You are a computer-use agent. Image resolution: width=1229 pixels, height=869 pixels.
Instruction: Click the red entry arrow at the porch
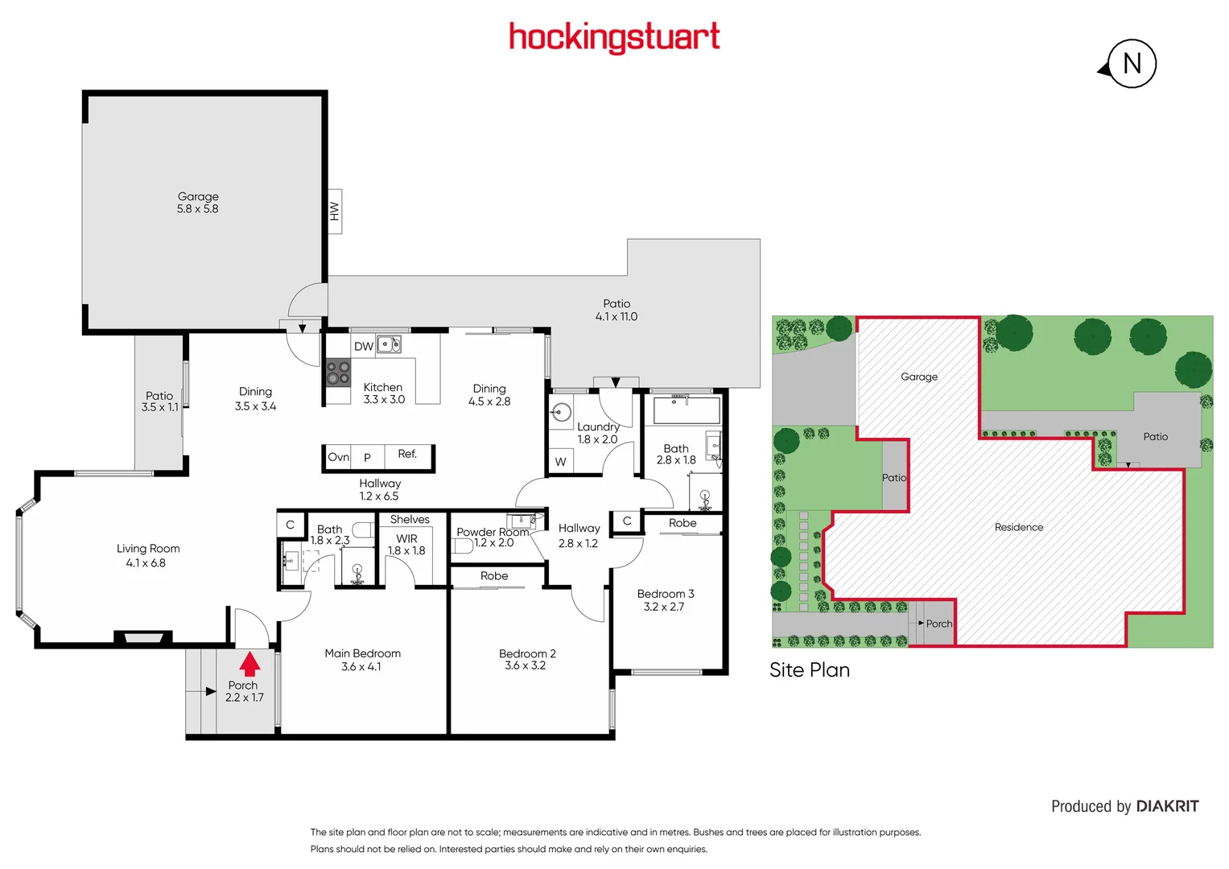pos(250,664)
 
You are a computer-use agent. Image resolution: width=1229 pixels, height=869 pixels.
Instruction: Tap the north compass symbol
pos(1131,64)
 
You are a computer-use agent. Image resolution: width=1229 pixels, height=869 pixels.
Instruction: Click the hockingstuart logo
pos(614,37)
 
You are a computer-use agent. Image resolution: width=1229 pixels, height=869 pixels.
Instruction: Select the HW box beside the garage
pos(334,212)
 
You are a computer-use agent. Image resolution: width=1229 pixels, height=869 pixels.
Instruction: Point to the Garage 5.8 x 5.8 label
pos(198,203)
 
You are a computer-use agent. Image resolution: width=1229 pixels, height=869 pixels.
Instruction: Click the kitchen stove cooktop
pos(338,373)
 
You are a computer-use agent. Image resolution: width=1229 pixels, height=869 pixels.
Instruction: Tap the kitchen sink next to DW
pos(390,345)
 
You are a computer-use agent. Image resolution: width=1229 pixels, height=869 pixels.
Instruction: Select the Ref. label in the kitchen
pos(407,455)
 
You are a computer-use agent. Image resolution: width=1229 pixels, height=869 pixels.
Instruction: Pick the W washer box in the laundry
pos(560,462)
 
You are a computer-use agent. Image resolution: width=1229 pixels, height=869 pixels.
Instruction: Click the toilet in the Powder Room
pos(462,546)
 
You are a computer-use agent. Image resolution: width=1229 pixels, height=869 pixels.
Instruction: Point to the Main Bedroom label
pos(362,653)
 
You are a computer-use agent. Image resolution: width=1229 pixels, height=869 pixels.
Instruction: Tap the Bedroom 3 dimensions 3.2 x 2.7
pos(664,607)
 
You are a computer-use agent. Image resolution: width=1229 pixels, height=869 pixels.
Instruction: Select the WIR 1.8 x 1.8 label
pos(406,545)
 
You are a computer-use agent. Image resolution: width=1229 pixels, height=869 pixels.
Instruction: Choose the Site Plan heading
pos(809,670)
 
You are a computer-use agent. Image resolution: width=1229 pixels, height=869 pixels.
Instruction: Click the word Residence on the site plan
pos(1018,528)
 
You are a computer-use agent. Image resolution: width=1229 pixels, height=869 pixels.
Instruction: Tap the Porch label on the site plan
pos(938,624)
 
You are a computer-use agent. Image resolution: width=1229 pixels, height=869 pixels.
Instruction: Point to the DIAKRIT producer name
pos(1167,806)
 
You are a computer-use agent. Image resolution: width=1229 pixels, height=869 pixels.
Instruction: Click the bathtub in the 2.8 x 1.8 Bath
pos(687,410)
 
